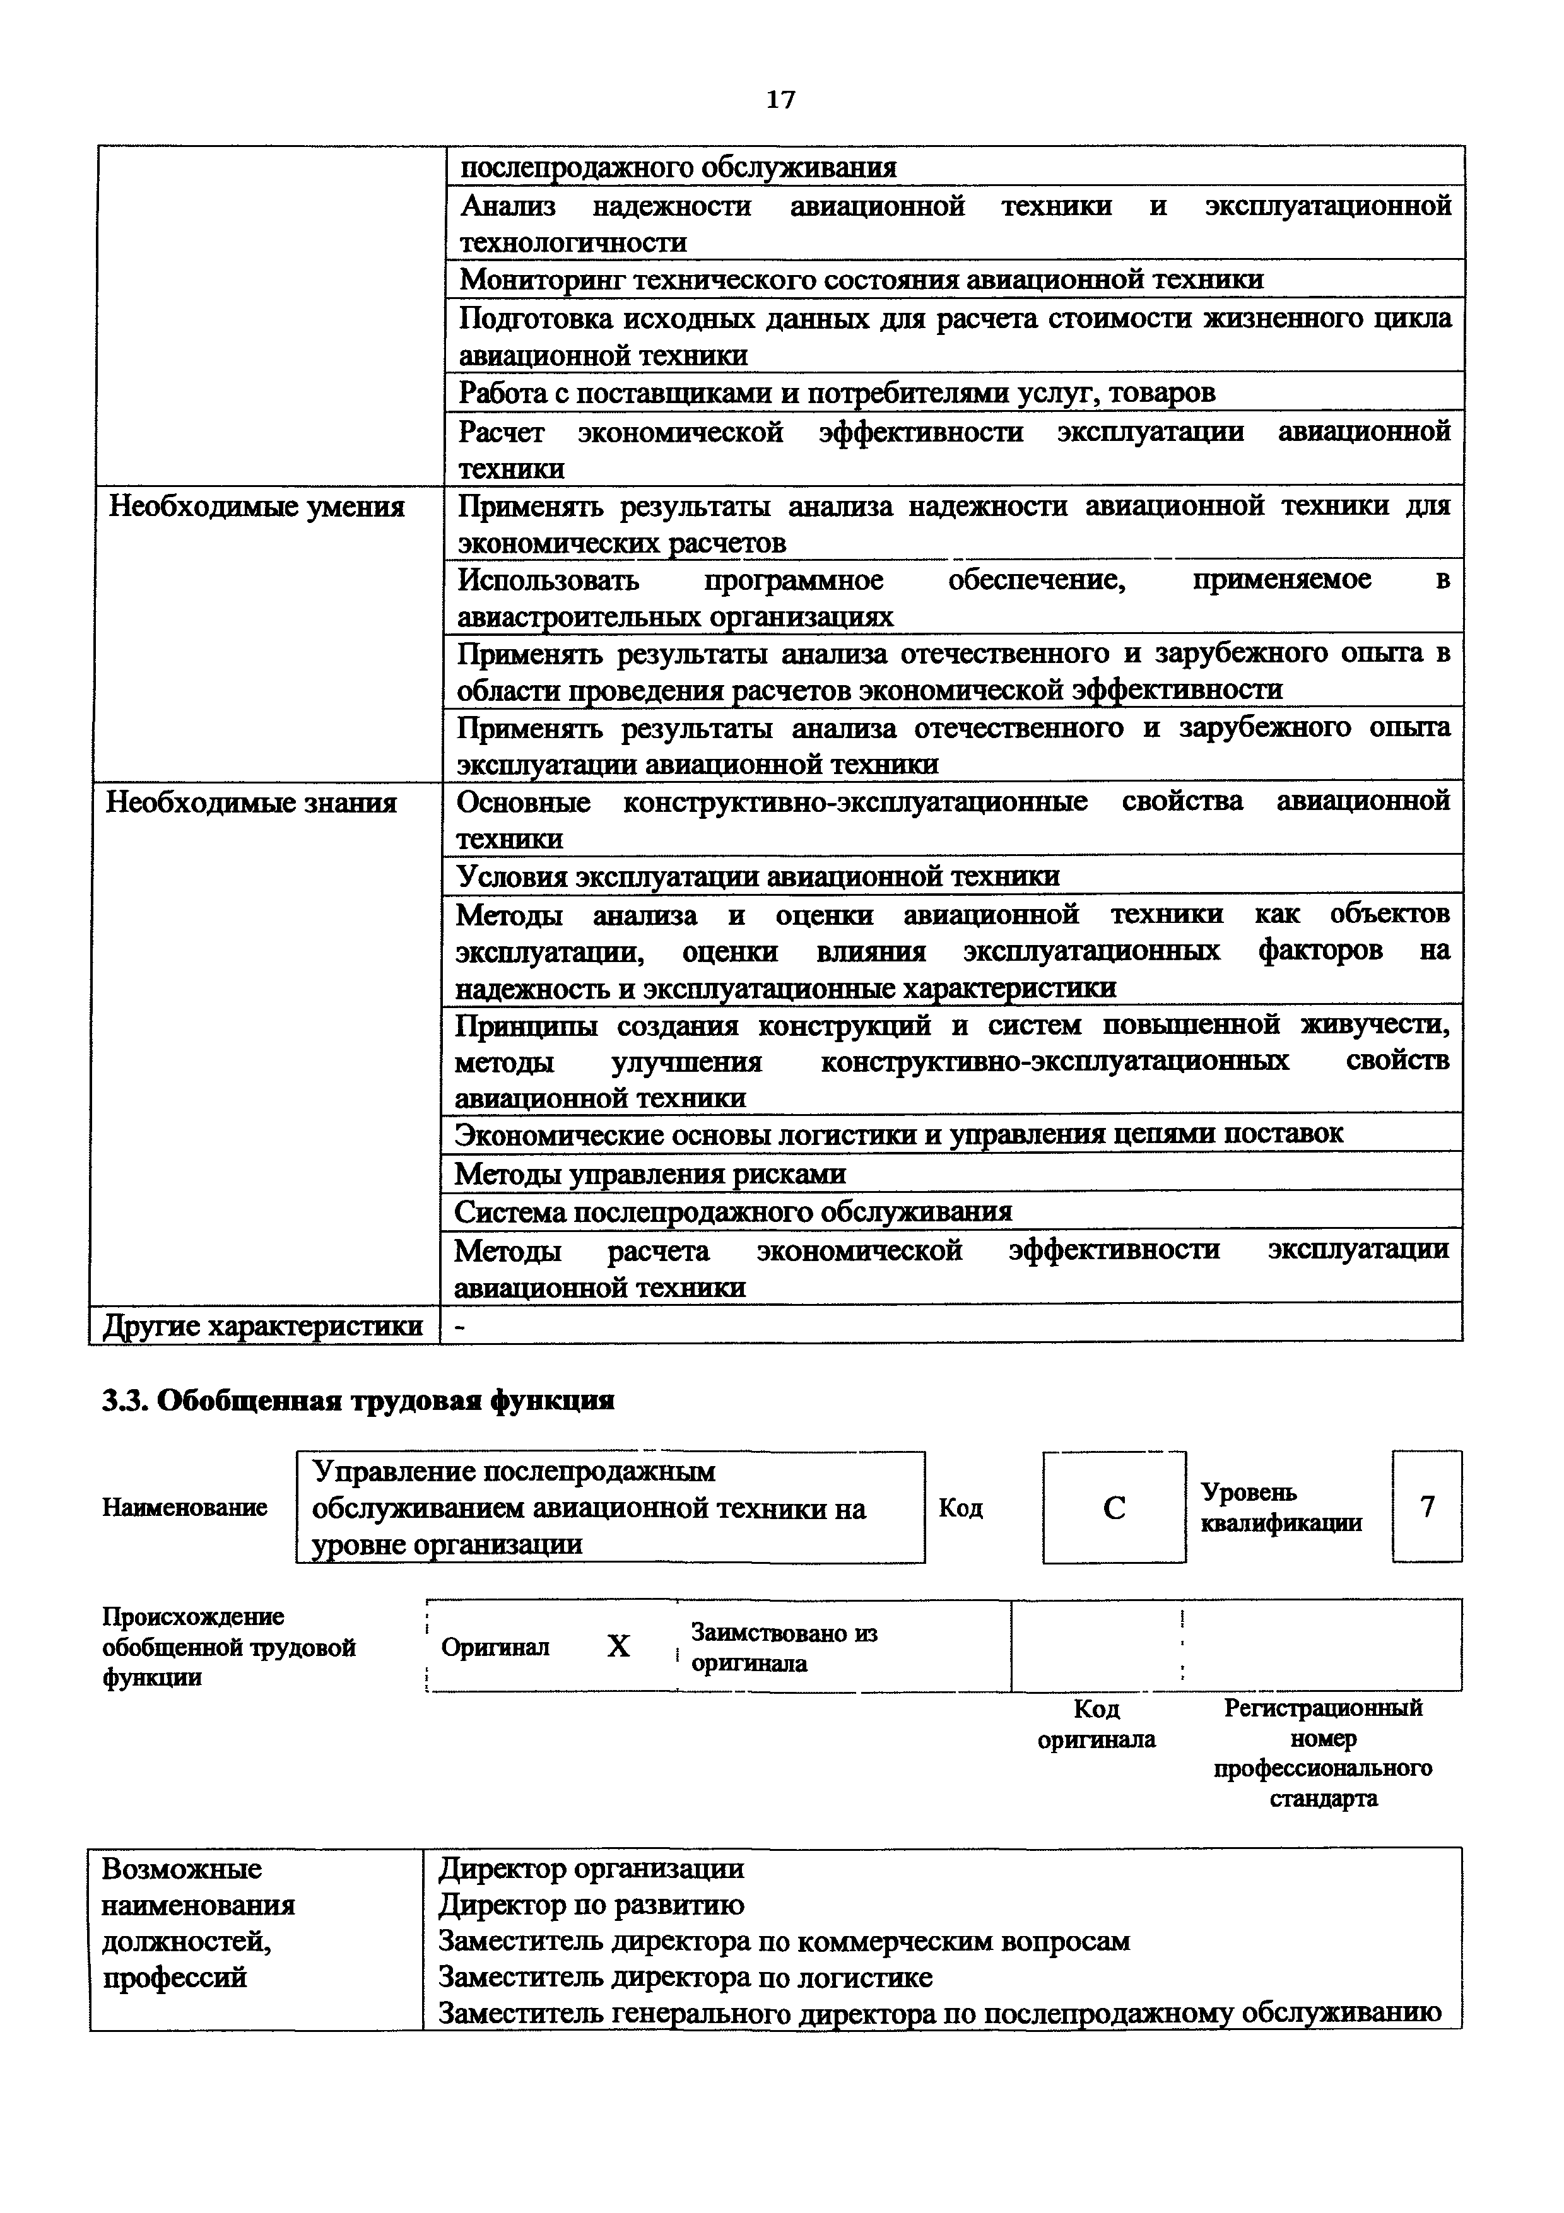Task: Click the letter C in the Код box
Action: click(x=1114, y=1508)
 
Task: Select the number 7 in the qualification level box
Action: click(x=1427, y=1506)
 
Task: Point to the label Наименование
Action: click(x=185, y=1508)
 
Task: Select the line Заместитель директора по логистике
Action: click(x=685, y=1978)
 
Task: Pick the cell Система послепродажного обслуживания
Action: click(x=732, y=1212)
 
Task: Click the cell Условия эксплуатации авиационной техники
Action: click(x=758, y=876)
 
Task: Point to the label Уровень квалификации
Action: click(x=1281, y=1508)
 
